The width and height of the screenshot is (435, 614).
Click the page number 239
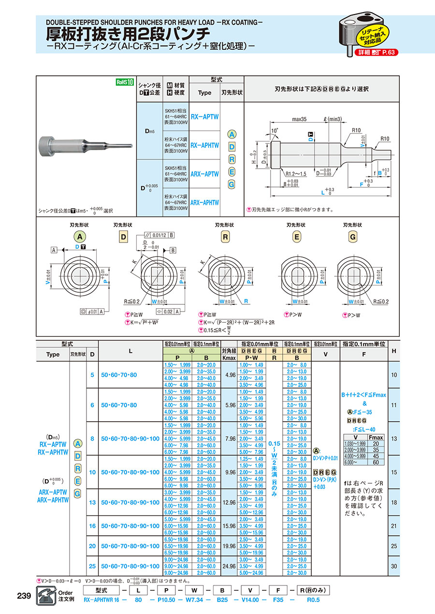tap(24, 596)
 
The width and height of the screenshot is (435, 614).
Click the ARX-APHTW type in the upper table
tap(204, 203)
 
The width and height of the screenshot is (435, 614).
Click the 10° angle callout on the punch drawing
tap(275, 130)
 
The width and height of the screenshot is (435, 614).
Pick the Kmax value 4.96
tap(230, 374)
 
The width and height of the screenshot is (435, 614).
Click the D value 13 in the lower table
tap(92, 502)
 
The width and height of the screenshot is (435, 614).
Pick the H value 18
tap(393, 502)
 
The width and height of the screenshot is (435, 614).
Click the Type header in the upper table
tap(204, 93)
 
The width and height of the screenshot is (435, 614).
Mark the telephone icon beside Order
tap(46, 596)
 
